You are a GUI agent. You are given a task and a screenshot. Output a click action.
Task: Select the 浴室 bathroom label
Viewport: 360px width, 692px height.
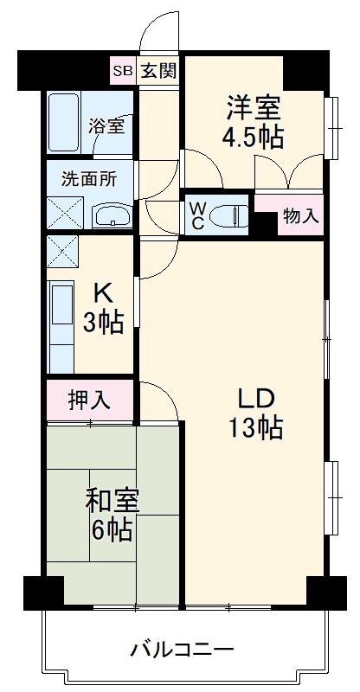[106, 125]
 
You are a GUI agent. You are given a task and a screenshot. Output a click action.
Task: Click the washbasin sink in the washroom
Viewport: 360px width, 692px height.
[111, 215]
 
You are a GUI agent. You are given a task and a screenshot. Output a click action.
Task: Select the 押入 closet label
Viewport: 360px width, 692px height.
[89, 400]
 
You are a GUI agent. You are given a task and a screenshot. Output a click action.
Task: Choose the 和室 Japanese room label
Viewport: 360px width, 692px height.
[112, 501]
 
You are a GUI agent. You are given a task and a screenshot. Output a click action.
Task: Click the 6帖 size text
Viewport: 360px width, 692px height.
[112, 529]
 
